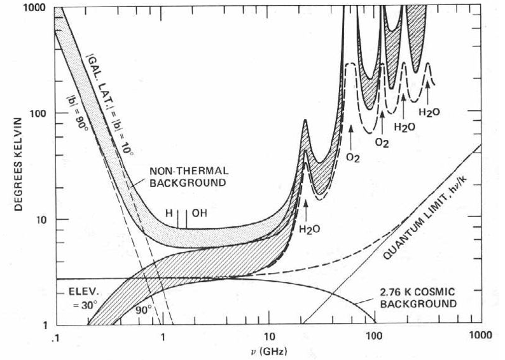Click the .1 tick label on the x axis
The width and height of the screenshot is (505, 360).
[x=54, y=335]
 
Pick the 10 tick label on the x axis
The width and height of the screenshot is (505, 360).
[x=268, y=335]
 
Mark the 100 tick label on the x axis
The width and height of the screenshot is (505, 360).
[x=374, y=335]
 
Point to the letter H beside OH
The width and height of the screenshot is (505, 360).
[x=169, y=214]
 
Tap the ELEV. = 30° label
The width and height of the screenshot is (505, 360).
[x=80, y=299]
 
